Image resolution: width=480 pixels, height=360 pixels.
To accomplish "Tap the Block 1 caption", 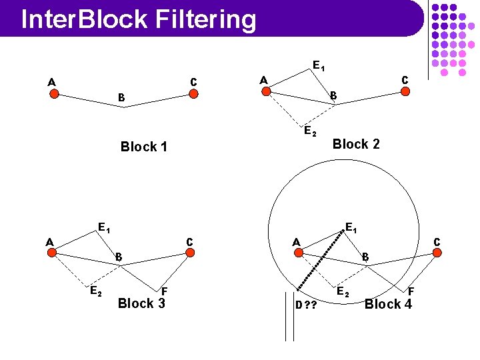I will point(143,147).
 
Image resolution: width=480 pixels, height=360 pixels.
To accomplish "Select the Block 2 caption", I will point(356,144).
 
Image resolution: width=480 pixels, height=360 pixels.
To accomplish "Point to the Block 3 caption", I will point(141,303).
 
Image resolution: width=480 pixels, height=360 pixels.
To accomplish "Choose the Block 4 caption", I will point(388,304).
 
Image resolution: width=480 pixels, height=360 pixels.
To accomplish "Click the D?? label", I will point(305,305).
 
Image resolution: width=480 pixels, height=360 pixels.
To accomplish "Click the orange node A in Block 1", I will point(55,94).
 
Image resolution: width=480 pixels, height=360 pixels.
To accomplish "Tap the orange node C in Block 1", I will point(193,94).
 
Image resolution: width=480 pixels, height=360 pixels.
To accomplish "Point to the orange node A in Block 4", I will point(299,253).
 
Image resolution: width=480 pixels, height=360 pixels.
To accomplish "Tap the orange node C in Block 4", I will point(437,253).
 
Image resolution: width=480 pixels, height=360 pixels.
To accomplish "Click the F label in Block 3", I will point(164,291).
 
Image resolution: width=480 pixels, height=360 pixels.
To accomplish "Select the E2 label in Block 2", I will point(309,131).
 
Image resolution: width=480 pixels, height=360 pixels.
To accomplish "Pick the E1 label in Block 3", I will point(103,227).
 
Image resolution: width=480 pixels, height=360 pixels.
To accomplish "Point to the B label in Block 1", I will point(121,98).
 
